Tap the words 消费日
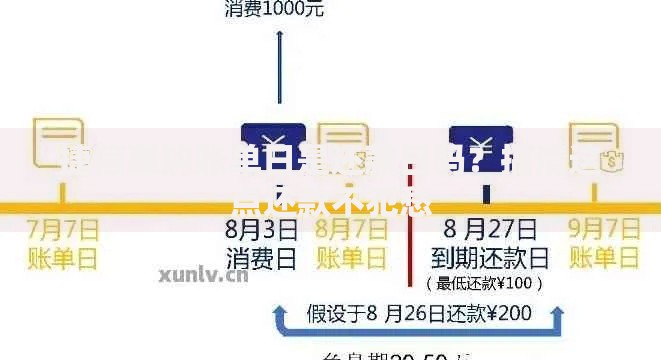click(262, 259)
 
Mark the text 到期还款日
click(484, 259)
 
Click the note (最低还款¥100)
click(485, 283)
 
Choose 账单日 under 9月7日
click(605, 259)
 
